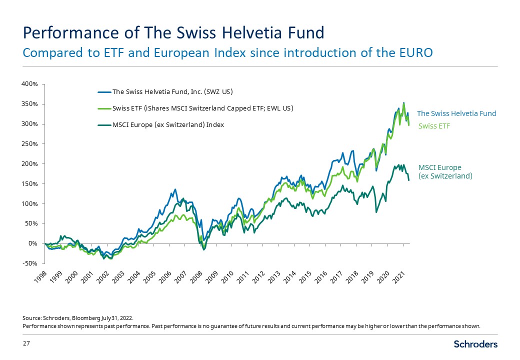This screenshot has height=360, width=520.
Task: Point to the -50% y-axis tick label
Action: (x=30, y=263)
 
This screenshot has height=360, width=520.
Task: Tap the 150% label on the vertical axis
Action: (x=30, y=184)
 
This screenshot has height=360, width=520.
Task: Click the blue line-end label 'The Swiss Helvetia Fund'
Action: (x=456, y=114)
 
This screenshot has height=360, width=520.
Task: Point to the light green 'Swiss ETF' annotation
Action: (x=434, y=126)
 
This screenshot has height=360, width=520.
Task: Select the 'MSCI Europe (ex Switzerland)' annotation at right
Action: (x=444, y=171)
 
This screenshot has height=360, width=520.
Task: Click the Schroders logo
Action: (x=475, y=344)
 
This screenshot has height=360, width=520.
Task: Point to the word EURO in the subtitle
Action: (x=413, y=53)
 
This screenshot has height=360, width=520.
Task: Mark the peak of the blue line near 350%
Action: (x=403, y=102)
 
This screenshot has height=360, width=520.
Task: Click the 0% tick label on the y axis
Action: (x=32, y=243)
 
